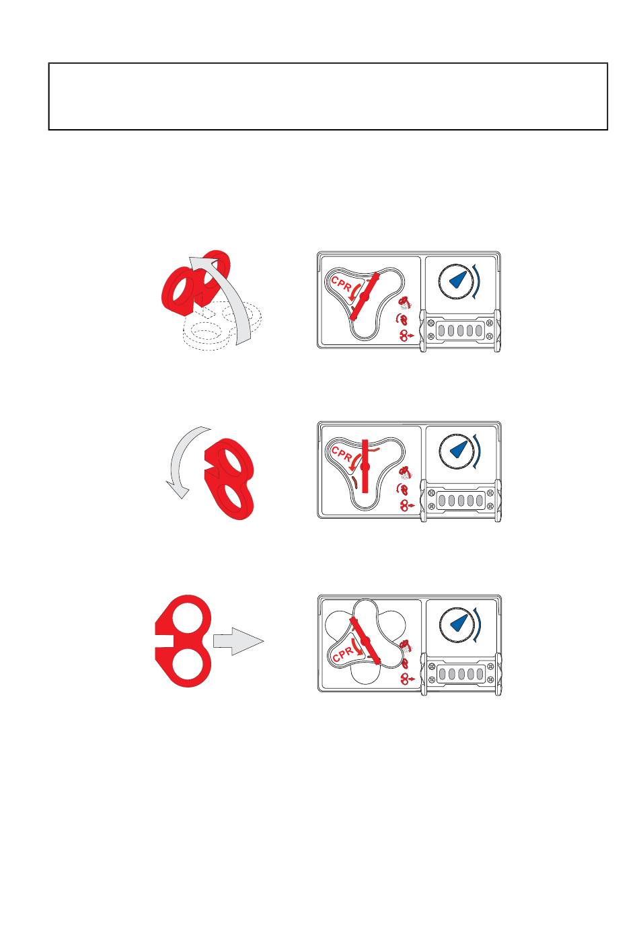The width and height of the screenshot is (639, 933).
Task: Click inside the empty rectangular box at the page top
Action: (x=328, y=96)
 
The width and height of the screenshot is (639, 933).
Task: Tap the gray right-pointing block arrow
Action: (x=238, y=641)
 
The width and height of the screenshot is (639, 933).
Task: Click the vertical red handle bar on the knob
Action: (x=365, y=466)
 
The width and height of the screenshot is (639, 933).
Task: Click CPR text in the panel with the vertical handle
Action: (x=342, y=454)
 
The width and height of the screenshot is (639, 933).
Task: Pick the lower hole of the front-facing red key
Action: (x=188, y=665)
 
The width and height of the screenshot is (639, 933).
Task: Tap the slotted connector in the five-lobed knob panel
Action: (x=461, y=674)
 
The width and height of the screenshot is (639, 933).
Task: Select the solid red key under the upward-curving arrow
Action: (x=195, y=283)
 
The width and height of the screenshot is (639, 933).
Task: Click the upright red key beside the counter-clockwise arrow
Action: (x=230, y=478)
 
